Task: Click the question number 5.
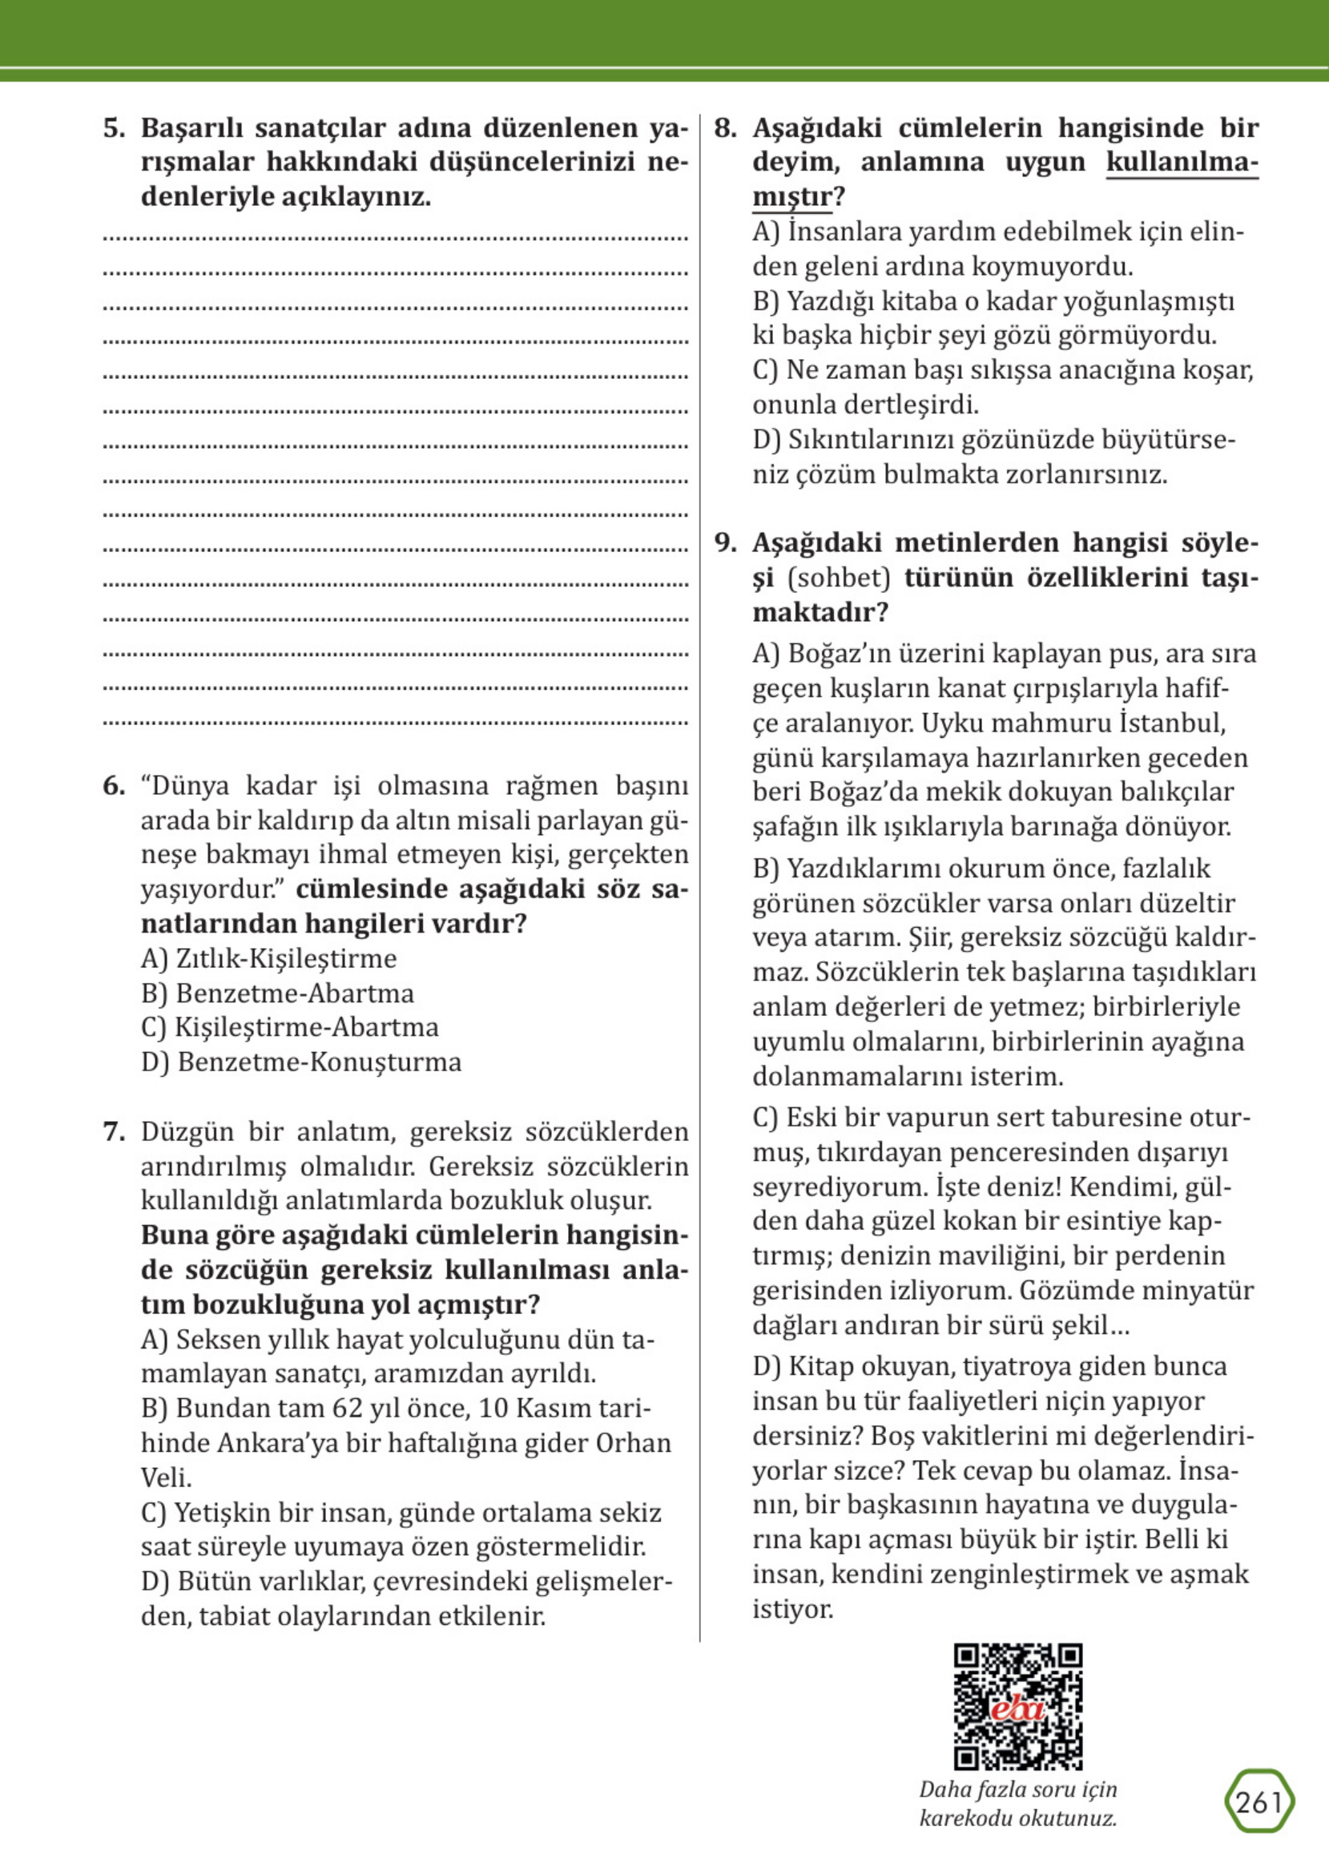[x=114, y=128]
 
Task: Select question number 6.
[x=114, y=787]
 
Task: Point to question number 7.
[x=114, y=1132]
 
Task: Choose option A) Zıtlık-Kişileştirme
[x=268, y=958]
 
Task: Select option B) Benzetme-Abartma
[x=277, y=993]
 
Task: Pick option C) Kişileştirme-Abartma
[x=290, y=1027]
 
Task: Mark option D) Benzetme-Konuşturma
[x=301, y=1062]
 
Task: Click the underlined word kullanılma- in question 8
[x=1182, y=163]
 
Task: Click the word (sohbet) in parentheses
[x=838, y=578]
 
